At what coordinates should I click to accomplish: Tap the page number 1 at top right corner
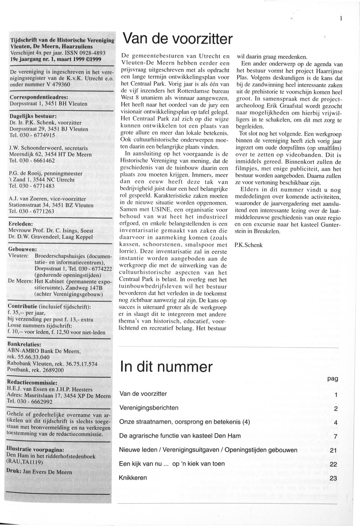click(x=340, y=18)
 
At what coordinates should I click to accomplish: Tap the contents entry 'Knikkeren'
click(x=133, y=478)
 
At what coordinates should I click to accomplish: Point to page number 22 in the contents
click(x=333, y=464)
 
